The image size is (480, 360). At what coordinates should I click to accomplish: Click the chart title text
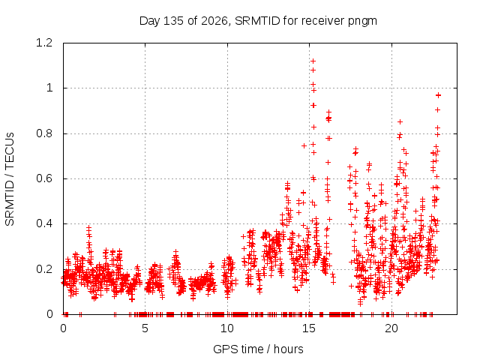click(x=258, y=21)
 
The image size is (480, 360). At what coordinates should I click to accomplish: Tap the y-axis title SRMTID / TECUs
click(x=10, y=179)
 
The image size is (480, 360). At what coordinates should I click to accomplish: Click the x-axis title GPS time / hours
click(x=258, y=349)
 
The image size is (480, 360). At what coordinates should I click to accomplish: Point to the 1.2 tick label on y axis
click(x=44, y=43)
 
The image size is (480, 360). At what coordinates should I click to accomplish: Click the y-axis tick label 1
click(x=49, y=88)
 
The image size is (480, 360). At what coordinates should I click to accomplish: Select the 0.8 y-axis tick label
click(x=44, y=133)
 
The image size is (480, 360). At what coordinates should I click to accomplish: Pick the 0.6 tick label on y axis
click(x=44, y=178)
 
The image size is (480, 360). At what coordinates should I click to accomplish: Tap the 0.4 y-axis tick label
click(x=44, y=223)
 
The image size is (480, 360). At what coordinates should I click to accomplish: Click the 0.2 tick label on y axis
click(x=44, y=269)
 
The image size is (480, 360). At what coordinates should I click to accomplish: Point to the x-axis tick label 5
click(x=145, y=328)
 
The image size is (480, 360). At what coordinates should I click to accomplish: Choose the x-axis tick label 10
click(x=227, y=328)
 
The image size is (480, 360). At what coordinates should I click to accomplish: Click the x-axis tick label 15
click(x=309, y=328)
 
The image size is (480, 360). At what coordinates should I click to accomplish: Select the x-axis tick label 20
click(x=391, y=328)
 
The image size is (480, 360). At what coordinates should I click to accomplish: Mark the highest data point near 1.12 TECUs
click(x=313, y=61)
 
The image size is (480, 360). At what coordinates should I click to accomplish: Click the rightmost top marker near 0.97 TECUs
click(x=438, y=95)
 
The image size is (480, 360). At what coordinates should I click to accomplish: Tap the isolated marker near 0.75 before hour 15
click(x=304, y=145)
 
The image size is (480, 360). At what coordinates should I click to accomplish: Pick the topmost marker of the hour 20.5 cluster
click(x=400, y=121)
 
